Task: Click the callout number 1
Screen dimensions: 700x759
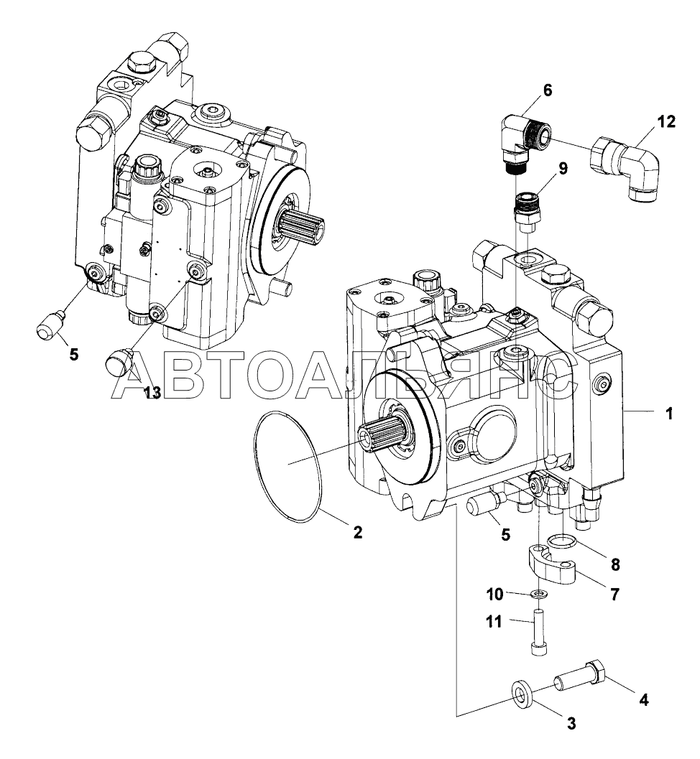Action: pos(669,414)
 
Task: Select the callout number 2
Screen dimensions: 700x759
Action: pos(357,533)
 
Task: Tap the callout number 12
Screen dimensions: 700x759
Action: pos(666,121)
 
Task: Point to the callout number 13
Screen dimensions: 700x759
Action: pos(152,393)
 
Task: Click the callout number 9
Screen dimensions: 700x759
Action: pos(563,169)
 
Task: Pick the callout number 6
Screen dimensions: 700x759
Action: pos(548,90)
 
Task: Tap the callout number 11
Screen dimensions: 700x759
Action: pos(494,621)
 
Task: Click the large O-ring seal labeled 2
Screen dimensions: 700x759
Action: pos(288,466)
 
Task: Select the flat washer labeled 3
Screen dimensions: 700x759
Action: pos(522,697)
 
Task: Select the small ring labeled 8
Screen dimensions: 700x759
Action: pos(562,541)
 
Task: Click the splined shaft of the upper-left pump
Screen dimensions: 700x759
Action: pos(300,225)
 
